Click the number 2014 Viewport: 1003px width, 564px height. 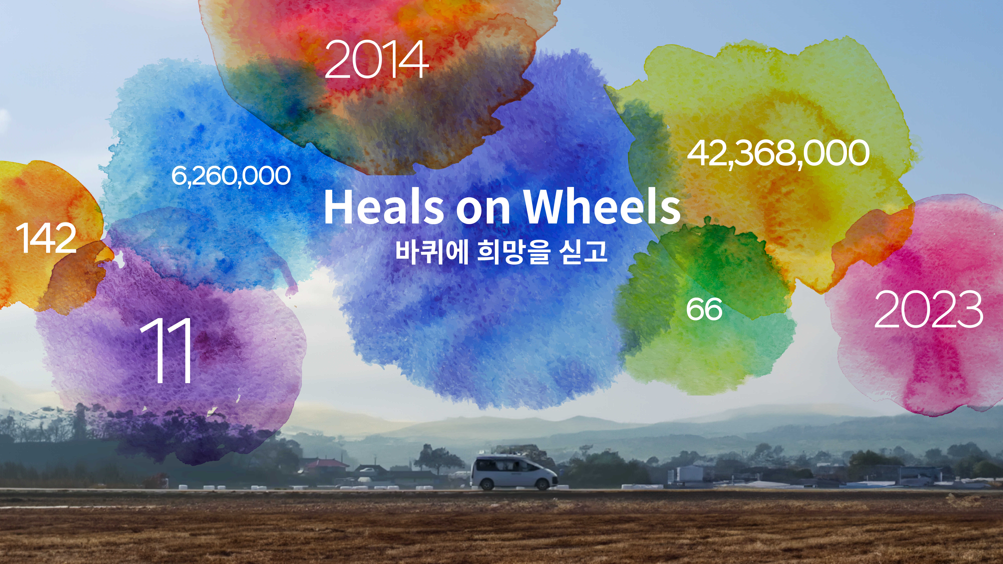coord(377,59)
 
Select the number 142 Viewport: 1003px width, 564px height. coord(46,238)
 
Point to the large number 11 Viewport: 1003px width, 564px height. coord(167,350)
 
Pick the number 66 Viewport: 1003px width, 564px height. coord(704,309)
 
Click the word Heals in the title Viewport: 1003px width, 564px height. coord(384,207)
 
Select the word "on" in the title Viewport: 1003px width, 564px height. coord(483,210)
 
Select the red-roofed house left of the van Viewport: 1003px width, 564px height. coord(327,464)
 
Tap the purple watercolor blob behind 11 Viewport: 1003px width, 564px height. coord(234,350)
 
